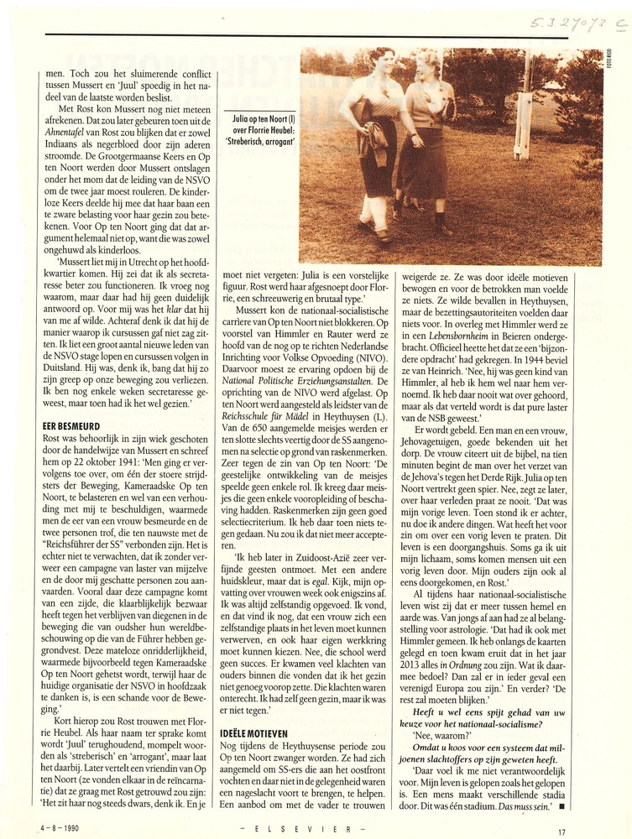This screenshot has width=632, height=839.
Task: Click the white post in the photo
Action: pos(526,105)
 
